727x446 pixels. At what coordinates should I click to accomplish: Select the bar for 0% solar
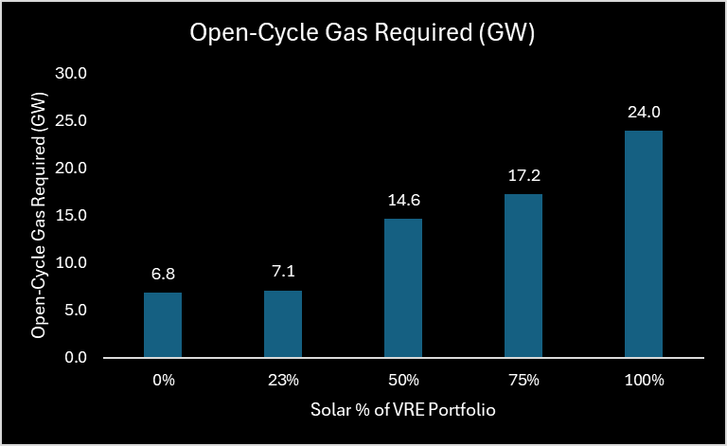click(163, 325)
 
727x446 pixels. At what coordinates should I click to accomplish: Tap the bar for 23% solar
click(283, 324)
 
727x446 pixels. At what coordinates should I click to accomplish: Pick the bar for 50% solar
click(403, 288)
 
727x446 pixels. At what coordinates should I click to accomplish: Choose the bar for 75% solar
click(523, 276)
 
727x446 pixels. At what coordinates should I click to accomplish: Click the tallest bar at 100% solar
click(644, 243)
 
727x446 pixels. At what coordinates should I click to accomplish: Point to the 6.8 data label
click(163, 275)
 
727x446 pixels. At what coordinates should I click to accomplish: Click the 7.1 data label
click(283, 273)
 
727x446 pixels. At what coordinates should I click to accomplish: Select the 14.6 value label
click(403, 201)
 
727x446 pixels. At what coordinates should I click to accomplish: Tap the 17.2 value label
click(523, 176)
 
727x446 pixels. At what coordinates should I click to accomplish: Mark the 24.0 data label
click(644, 112)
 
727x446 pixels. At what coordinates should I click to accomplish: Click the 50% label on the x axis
click(403, 381)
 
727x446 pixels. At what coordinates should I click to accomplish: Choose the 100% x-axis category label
click(644, 381)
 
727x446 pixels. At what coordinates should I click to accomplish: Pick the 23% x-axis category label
click(283, 381)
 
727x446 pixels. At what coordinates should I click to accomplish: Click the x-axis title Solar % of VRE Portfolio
click(403, 412)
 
